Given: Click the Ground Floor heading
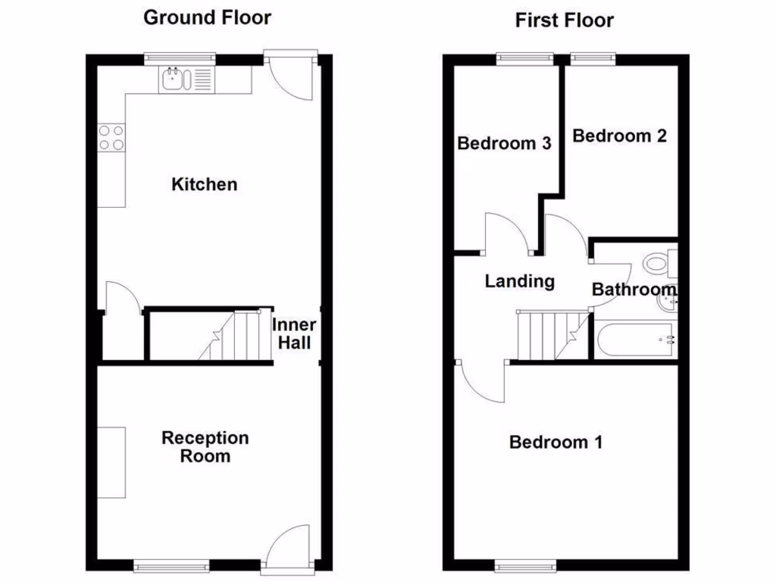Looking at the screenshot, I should click(207, 17).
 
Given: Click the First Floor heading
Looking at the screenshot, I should click(564, 20).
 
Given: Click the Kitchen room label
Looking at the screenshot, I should click(204, 184).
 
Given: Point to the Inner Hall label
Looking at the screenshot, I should click(294, 334).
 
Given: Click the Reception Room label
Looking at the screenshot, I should click(205, 447).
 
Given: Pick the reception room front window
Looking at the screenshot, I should click(171, 564).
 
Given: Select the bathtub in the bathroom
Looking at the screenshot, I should click(635, 341).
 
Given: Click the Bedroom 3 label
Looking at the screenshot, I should click(503, 143).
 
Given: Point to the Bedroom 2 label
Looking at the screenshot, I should click(619, 136).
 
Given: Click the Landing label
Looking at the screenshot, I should click(519, 282).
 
